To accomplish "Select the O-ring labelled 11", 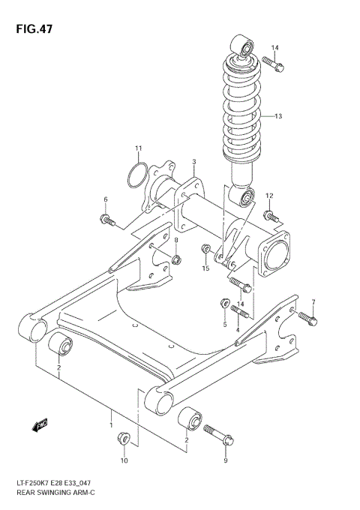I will (134, 176).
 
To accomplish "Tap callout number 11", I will (138, 147).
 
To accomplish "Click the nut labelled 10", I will (125, 440).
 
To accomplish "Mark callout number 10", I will (125, 460).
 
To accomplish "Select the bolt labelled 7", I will (308, 319).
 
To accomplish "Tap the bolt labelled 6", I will (106, 220).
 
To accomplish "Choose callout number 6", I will (106, 199).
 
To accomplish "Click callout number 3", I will (193, 162).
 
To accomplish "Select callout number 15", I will (205, 268).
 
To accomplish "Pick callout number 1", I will (111, 424).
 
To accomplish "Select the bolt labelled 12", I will (271, 217).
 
